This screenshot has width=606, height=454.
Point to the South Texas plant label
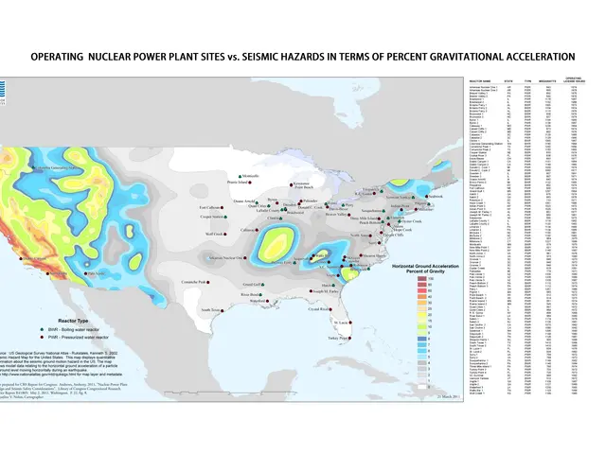209,308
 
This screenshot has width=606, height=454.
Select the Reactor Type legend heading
54,321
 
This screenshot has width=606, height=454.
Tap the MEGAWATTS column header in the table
542,81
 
